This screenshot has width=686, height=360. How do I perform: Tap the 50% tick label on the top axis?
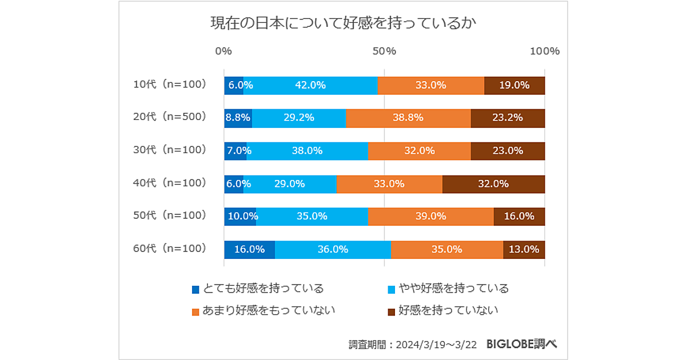(x=384, y=51)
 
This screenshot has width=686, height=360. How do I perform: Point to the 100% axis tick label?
(x=544, y=51)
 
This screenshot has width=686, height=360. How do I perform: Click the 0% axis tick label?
(x=224, y=51)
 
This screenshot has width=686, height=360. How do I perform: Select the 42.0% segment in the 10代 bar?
(x=310, y=85)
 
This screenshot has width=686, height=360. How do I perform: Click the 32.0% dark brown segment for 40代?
(x=493, y=184)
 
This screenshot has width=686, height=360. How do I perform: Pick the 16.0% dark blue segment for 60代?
(x=249, y=249)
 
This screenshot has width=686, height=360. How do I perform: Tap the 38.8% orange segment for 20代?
(x=408, y=118)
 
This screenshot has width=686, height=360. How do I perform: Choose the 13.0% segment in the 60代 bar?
(x=524, y=249)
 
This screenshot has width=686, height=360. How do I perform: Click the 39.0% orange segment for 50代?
(x=430, y=217)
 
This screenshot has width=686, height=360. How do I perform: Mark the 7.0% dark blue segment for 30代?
(x=235, y=151)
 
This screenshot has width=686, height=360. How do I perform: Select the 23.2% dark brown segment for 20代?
(x=508, y=118)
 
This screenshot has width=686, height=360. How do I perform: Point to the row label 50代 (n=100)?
(x=169, y=215)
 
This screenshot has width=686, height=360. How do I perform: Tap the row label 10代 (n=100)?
(x=169, y=84)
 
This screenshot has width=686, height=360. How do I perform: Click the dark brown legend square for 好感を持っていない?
(x=392, y=311)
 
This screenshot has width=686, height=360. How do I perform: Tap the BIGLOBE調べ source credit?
(x=521, y=344)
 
